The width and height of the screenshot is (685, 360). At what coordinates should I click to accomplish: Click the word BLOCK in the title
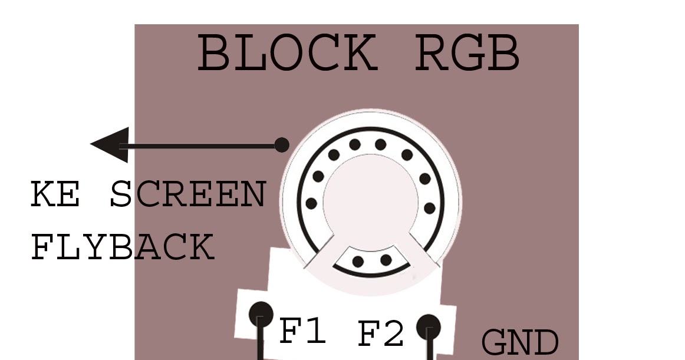coord(286,53)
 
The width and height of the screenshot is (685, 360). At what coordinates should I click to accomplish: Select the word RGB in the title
coord(467,53)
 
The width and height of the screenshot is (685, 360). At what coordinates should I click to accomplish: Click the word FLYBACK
coord(122,247)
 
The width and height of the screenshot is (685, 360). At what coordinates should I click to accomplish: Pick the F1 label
coord(302,332)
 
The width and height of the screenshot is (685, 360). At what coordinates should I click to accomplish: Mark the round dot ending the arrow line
coord(282,144)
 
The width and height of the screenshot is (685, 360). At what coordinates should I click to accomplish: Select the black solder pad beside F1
coord(261,313)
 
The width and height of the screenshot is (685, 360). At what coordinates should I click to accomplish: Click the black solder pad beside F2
coord(429,325)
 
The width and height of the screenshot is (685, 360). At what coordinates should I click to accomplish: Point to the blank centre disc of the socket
coord(370,197)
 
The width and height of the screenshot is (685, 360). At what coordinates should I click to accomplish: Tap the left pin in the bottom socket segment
coord(358,262)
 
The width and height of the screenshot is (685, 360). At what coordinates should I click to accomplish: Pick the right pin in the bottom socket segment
coord(386,260)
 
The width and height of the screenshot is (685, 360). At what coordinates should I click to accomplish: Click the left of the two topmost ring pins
coord(354,144)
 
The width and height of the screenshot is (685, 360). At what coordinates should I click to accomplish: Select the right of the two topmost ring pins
coord(381,144)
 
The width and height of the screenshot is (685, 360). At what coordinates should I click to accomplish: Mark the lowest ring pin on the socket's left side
coord(311,204)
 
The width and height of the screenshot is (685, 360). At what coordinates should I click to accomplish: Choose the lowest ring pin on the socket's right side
coord(430,208)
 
